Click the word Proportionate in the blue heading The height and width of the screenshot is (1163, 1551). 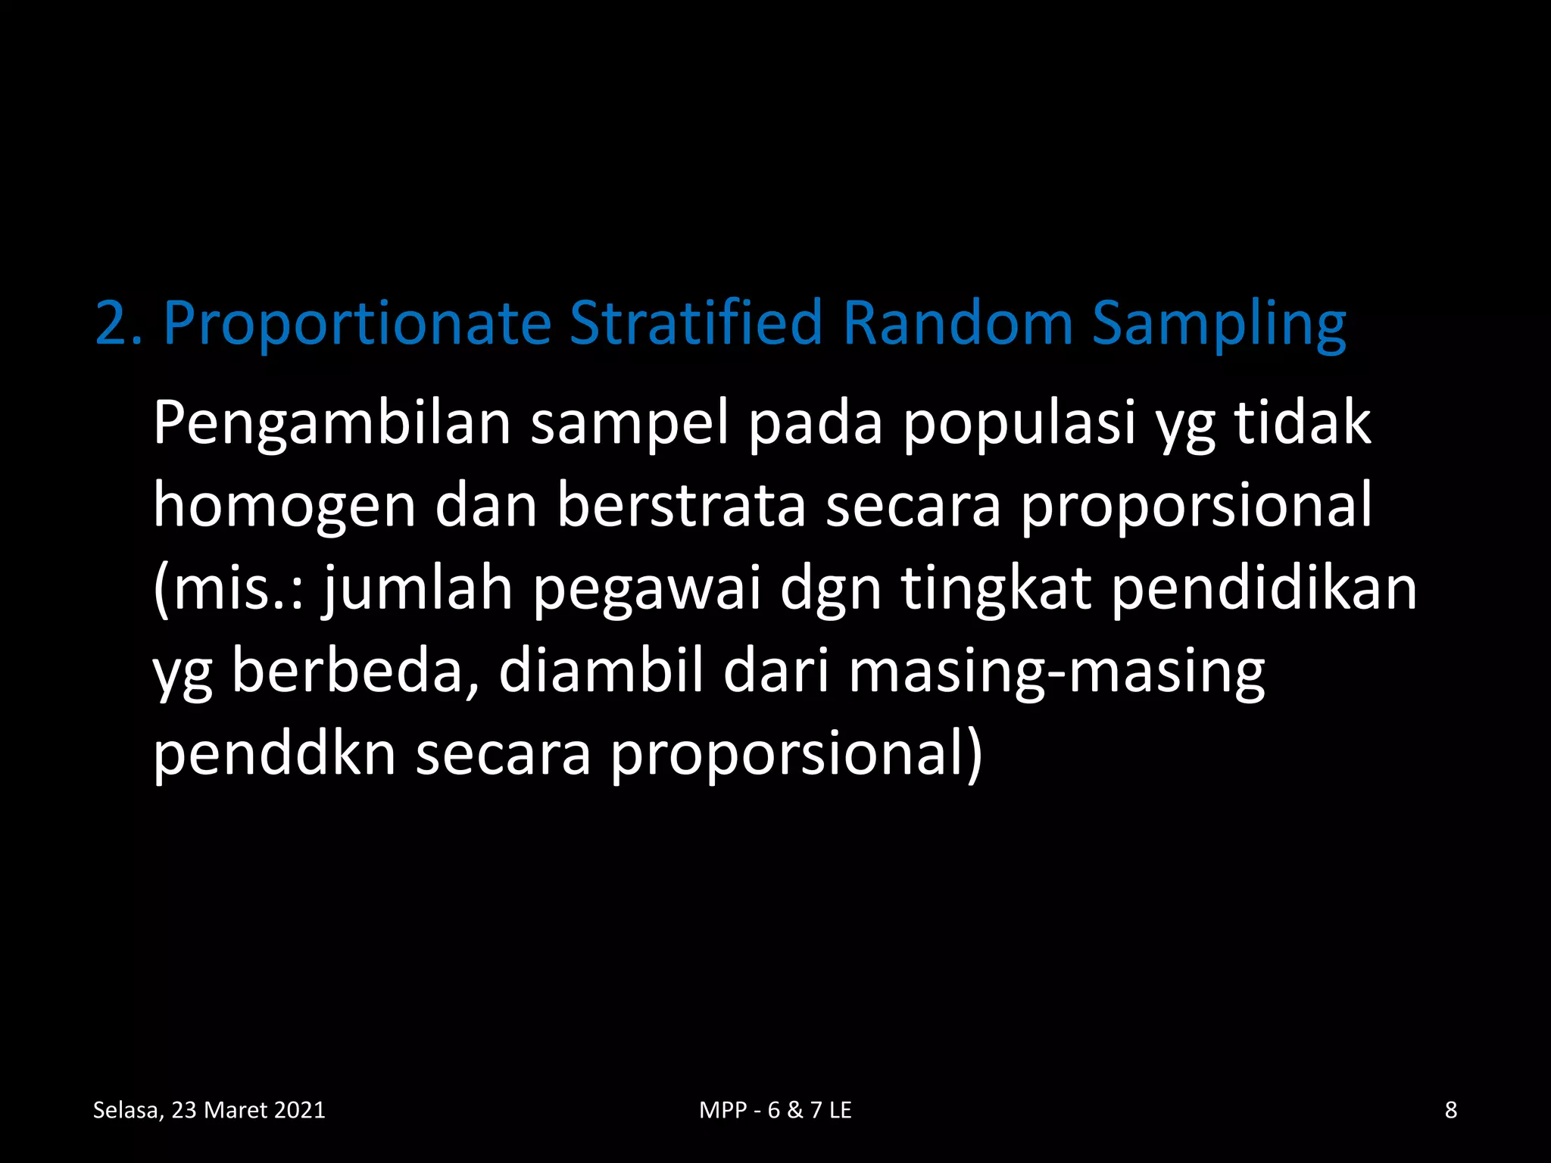coord(357,324)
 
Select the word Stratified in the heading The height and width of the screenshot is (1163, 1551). coord(695,323)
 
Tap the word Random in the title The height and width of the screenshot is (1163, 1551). coord(957,323)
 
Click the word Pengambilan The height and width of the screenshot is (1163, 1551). coord(332,424)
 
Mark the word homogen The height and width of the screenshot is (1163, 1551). coord(285,507)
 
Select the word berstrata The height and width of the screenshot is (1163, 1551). coord(681,506)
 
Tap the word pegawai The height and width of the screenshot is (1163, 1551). coord(647,591)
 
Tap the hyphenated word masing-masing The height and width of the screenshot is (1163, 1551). coord(1056,672)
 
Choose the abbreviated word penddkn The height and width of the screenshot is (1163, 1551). coord(275,754)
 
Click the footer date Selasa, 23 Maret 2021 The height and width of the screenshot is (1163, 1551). coord(209,1110)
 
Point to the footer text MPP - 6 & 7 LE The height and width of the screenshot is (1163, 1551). coord(775,1110)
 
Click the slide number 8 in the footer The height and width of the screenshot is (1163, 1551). coord(1451,1110)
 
